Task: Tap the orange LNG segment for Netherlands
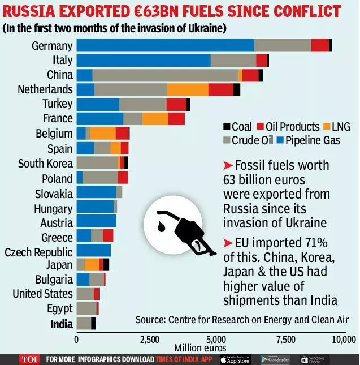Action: click(x=188, y=89)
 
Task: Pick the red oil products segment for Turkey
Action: click(x=176, y=104)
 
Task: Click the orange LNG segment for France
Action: click(x=155, y=119)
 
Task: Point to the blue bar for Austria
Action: click(x=96, y=221)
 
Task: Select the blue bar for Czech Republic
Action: click(x=93, y=251)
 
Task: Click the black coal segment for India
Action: click(x=93, y=323)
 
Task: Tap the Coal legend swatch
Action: click(x=227, y=127)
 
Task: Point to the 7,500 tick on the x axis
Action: click(x=286, y=340)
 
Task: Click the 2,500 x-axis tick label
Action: click(x=149, y=340)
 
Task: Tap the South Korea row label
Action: click(x=45, y=163)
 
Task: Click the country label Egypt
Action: click(x=60, y=309)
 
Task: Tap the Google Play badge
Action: click(x=275, y=359)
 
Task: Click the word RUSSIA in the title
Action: click(x=39, y=11)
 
